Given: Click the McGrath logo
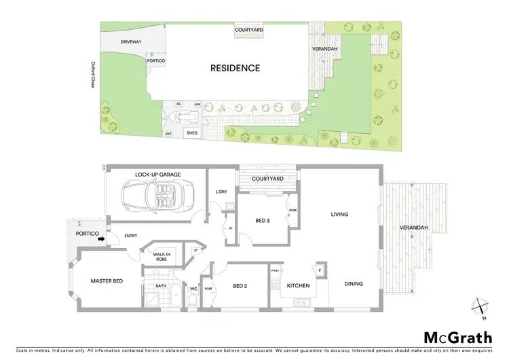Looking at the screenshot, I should pos(458,337).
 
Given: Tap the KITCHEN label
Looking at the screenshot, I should pos(298,285).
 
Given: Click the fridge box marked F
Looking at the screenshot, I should pos(320,270).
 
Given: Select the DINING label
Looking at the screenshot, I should pos(353,284).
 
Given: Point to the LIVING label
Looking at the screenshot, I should pos(339,215).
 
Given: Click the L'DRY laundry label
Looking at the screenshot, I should pos(220,191).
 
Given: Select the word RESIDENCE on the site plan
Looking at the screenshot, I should pos(235,68).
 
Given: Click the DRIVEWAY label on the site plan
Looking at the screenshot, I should pos(130,42).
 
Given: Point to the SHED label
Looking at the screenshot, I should pos(192,132).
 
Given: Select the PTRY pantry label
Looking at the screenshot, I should pos(275,272).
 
